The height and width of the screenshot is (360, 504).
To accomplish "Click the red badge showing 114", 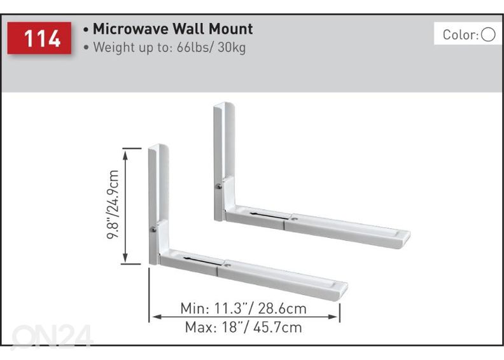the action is [39, 38].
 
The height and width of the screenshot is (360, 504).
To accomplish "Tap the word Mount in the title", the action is [231, 29].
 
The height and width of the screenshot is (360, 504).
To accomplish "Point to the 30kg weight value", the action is [232, 48].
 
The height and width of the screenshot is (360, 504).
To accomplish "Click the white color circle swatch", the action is [488, 35].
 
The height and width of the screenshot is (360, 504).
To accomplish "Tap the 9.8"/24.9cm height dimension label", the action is [113, 204].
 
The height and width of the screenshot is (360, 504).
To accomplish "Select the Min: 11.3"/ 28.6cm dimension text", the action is [243, 308].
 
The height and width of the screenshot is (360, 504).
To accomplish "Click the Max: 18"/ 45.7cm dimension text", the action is [243, 327].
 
